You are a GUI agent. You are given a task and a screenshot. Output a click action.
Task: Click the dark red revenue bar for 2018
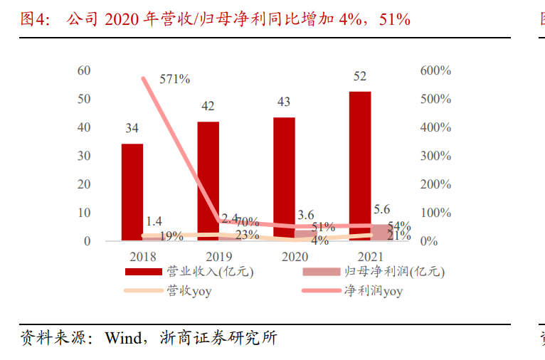pos(132,192)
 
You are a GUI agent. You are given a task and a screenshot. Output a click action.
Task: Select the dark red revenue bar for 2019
pos(208,181)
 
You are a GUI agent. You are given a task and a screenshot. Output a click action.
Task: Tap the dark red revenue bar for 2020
pos(284,179)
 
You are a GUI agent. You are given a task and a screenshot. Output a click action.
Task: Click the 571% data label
pos(175,79)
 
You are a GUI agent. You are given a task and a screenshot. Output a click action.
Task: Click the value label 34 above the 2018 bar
pos(132,129)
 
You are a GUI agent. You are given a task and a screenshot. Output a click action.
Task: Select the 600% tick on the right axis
pos(435,71)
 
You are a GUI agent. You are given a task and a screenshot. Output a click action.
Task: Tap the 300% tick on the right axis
pos(435,156)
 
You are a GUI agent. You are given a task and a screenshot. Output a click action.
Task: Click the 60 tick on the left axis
pos(84,71)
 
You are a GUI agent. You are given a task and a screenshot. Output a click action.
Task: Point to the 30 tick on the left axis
pos(84,156)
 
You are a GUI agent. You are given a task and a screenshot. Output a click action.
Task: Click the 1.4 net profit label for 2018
pos(154,221)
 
